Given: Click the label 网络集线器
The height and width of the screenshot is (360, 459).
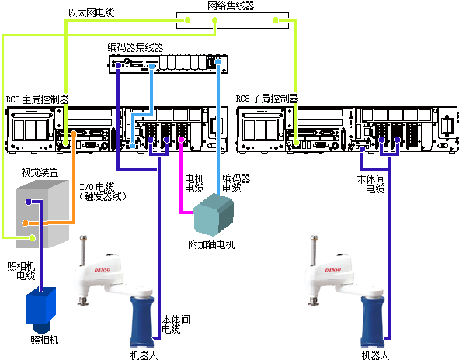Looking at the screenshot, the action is point(231,5).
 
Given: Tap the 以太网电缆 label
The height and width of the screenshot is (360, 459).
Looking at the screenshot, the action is point(92,12).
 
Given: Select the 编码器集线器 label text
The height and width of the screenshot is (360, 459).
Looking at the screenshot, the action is point(135,47).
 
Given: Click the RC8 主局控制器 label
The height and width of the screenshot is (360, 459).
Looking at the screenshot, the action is point(37,100).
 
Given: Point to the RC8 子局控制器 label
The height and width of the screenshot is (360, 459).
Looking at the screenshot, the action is point(267,99).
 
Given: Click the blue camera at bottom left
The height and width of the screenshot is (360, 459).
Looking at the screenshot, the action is point(41,310).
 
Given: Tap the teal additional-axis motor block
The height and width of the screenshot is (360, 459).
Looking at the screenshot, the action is point(214,215).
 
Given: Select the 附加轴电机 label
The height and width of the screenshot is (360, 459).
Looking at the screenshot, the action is point(211,244).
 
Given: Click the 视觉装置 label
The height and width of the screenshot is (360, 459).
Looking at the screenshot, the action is point(40,172).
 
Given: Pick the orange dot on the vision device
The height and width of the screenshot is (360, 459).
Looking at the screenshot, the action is point(26,223).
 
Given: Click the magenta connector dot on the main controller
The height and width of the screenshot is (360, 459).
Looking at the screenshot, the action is point(181,140).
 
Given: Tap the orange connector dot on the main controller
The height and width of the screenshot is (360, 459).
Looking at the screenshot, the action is point(74,134).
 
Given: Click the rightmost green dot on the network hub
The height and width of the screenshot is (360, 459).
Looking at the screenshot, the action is point(276,20).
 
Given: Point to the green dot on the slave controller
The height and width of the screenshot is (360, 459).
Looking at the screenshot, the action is point(296,143).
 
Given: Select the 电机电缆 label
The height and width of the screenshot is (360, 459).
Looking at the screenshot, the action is point(194,183).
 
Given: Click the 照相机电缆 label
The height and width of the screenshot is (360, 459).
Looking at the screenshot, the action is point(21,271).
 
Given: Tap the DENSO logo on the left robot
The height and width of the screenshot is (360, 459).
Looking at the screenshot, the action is point(103,270).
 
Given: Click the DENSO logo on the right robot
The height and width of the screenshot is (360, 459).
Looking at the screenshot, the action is point(333,270).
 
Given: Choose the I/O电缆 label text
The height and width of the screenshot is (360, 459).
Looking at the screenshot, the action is point(97,186).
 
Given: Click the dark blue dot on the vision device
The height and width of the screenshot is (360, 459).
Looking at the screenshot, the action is point(29,202).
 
